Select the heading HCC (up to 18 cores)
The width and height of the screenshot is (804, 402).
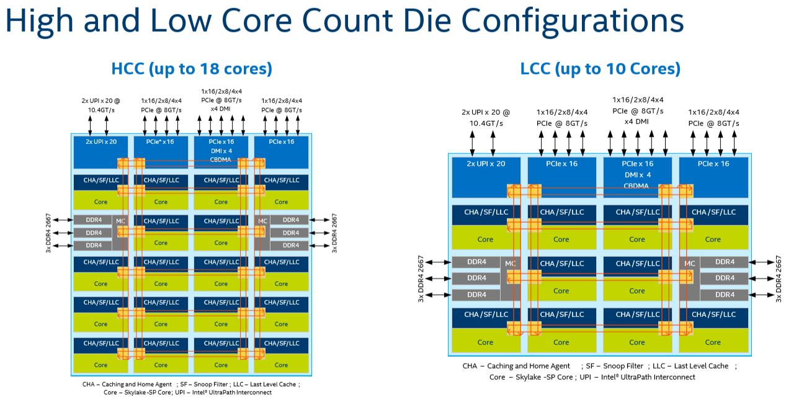pyautogui.click(x=191, y=68)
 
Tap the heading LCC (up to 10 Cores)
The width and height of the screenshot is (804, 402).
pyautogui.click(x=600, y=69)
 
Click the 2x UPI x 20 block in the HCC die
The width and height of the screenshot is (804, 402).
pyautogui.click(x=100, y=151)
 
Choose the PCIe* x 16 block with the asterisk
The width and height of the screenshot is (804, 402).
pyautogui.click(x=161, y=151)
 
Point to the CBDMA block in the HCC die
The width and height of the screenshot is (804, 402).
pyautogui.click(x=221, y=159)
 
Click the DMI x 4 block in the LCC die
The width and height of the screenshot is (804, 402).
pyautogui.click(x=637, y=175)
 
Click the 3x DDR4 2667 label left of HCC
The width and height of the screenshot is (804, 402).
pyautogui.click(x=48, y=233)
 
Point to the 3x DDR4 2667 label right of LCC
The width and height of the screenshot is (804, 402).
pyautogui.click(x=780, y=278)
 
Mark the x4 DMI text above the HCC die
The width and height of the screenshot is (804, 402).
pyautogui.click(x=221, y=109)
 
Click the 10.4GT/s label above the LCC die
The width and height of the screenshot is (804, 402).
pyautogui.click(x=485, y=123)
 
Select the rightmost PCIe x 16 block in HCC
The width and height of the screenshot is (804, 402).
pyautogui.click(x=281, y=151)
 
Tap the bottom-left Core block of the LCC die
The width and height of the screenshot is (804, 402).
pyautogui.click(x=485, y=341)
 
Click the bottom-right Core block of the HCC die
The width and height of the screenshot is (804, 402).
pyautogui.click(x=281, y=365)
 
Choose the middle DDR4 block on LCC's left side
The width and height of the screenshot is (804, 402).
pyautogui.click(x=476, y=278)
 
